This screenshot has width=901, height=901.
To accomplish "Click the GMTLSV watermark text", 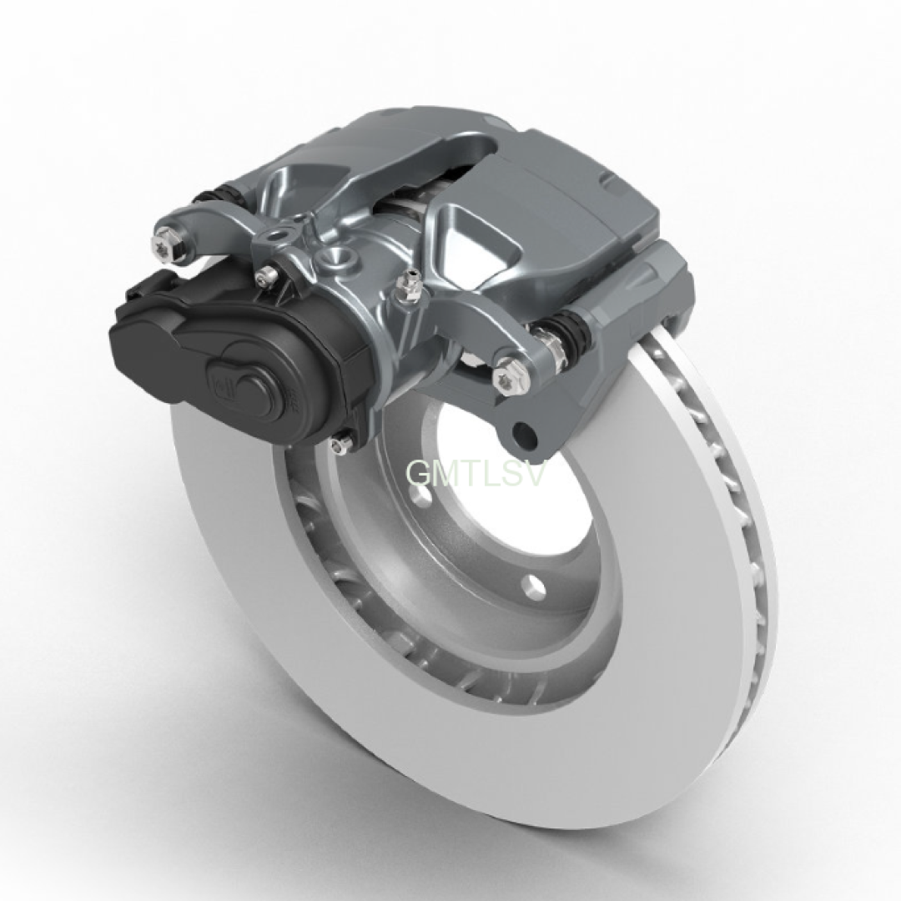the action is (475, 473).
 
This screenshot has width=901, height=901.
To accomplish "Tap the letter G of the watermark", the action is (418, 473).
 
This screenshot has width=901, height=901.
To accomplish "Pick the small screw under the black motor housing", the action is (341, 442).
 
